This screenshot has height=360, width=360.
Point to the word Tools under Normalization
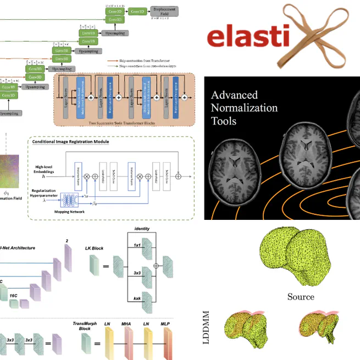click(224, 120)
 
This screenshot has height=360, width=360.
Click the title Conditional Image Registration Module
click(70, 141)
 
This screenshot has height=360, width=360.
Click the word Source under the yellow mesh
click(301, 297)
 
